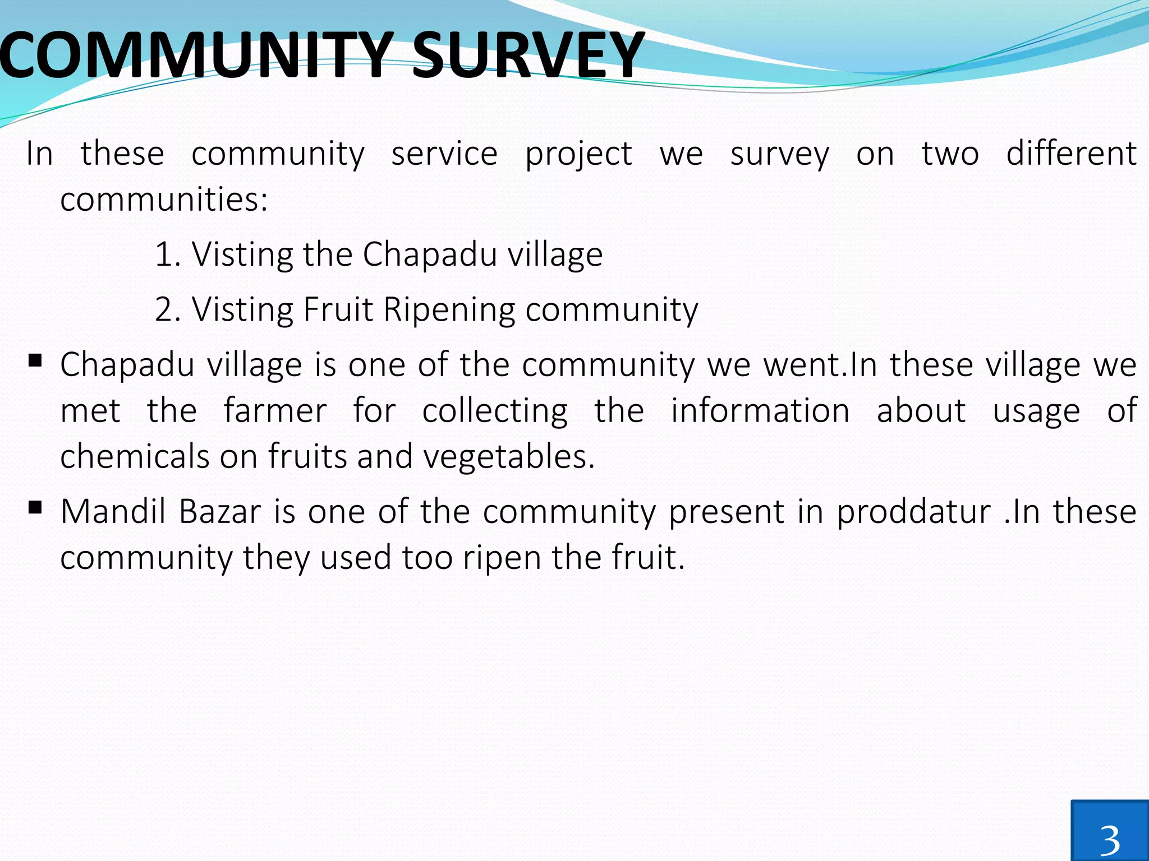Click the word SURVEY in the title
[x=527, y=55]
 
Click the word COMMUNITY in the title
[x=194, y=55]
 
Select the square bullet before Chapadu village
[x=35, y=360]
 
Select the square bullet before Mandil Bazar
[x=35, y=507]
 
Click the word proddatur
[x=913, y=512]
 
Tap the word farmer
[x=275, y=410]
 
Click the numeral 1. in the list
[x=167, y=254]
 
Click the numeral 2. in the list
[x=167, y=309]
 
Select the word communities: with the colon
[x=164, y=199]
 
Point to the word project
[x=578, y=155]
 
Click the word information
[x=760, y=410]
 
